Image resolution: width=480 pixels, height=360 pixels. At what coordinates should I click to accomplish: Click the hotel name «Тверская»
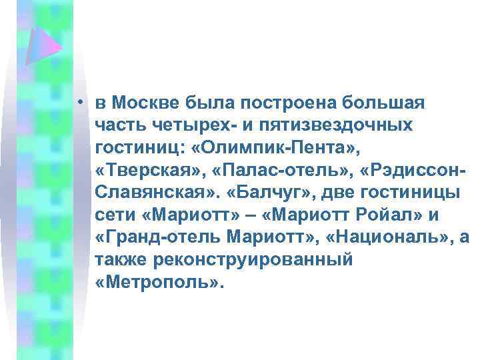coord(148,171)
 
